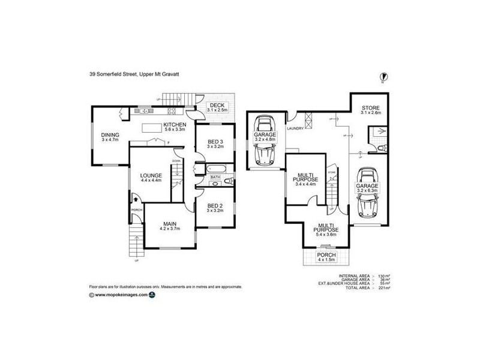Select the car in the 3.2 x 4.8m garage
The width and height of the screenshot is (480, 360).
coord(263,140)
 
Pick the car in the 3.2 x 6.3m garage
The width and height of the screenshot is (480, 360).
coord(368,192)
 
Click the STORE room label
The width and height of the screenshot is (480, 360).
coord(370,109)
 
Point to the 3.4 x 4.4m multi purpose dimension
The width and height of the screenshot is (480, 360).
coord(306,184)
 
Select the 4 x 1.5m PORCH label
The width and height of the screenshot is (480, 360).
coord(328,257)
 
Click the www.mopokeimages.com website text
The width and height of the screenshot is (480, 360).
coord(121,295)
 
